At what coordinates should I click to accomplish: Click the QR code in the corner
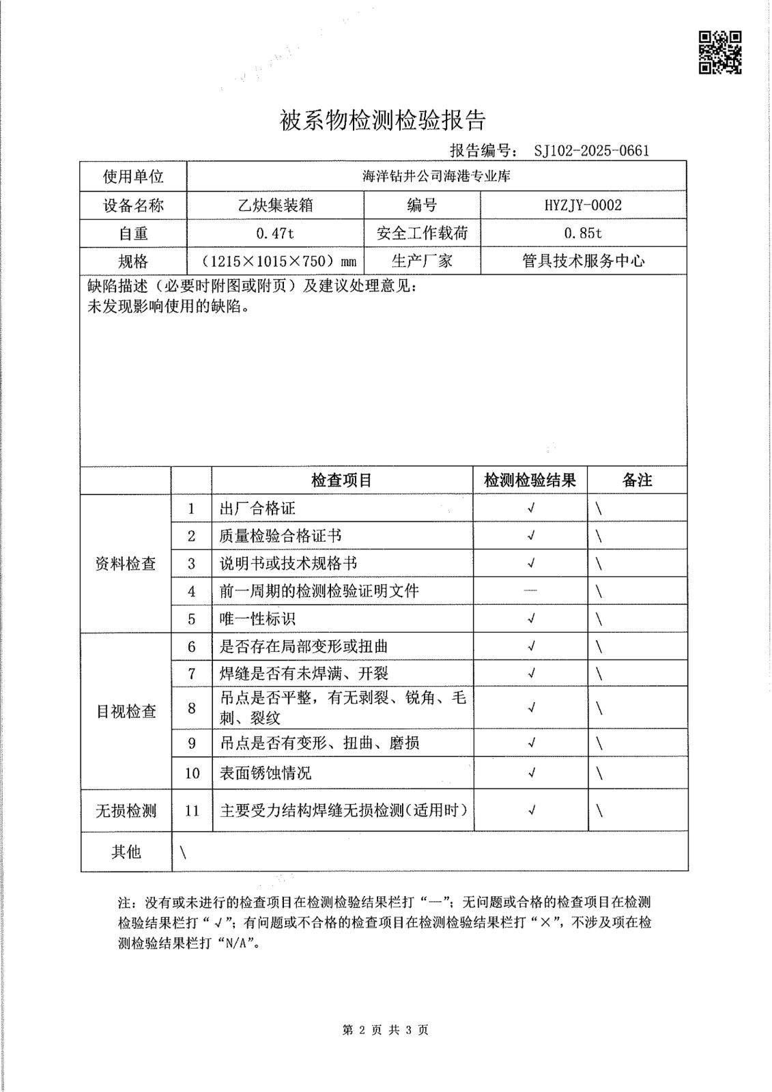[720, 52]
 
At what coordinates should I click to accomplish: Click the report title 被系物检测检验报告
[383, 121]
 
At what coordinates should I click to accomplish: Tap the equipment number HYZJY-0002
[583, 205]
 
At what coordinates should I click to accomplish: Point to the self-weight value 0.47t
[274, 233]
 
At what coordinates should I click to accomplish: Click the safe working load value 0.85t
[583, 233]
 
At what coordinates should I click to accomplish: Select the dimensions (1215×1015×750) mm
[275, 261]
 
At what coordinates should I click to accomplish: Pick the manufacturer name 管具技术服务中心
[583, 261]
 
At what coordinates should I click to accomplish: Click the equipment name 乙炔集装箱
[275, 205]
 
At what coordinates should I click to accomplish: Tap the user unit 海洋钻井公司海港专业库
[436, 177]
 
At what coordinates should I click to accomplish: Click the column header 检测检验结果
[530, 480]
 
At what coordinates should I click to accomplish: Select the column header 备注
[637, 480]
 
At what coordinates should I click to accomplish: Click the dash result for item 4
[530, 591]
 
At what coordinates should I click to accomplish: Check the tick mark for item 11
[531, 811]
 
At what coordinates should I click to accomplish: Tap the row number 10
[192, 773]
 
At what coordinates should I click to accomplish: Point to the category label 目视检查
[126, 712]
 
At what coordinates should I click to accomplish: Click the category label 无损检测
[126, 811]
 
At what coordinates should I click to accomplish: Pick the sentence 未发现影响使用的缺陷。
[168, 306]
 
